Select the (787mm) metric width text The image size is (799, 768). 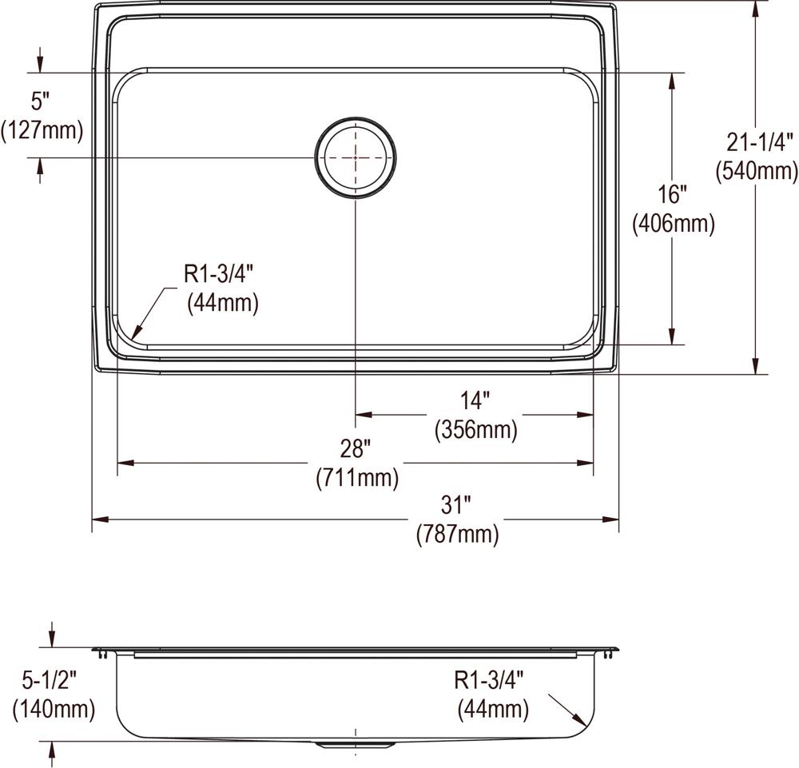click(x=457, y=535)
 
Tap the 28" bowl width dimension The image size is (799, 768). click(x=356, y=450)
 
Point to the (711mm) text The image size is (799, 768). click(x=356, y=478)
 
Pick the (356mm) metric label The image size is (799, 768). click(x=475, y=429)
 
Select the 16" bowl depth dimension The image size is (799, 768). click(x=673, y=195)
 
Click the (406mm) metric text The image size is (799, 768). click(x=673, y=224)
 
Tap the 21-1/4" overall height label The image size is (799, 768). click(x=759, y=141)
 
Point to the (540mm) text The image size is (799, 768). click(x=757, y=170)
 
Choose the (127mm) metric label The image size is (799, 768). click(x=42, y=129)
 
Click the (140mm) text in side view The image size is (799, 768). click(x=53, y=708)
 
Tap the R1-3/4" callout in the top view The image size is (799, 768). click(x=219, y=274)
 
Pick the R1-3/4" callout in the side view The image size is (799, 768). click(x=489, y=680)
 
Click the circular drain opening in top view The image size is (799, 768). click(x=356, y=158)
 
